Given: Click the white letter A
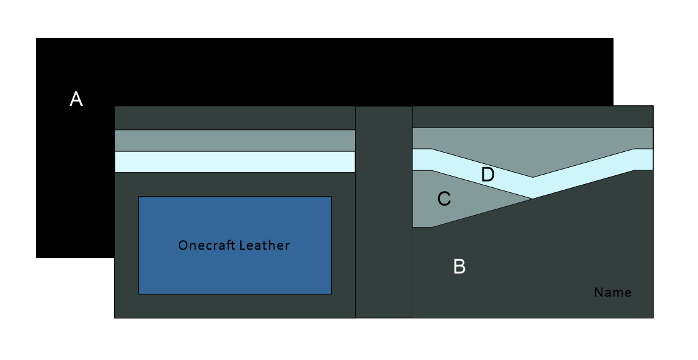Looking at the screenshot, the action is click(76, 99).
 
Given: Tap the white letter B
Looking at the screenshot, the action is click(460, 267).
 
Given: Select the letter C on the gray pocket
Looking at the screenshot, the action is click(444, 199).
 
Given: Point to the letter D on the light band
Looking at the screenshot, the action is click(487, 175).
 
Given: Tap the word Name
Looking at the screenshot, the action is click(613, 293).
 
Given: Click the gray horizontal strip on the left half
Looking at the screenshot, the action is click(235, 141).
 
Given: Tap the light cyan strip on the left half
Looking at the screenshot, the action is click(235, 162).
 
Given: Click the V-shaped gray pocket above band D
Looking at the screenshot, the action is click(532, 151).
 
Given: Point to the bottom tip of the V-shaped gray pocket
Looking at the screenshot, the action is click(532, 177).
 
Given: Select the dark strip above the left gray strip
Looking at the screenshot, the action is click(235, 118).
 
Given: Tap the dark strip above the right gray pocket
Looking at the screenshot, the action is click(532, 117).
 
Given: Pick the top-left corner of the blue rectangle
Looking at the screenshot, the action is click(139, 197).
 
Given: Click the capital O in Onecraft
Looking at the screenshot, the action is click(183, 245).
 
